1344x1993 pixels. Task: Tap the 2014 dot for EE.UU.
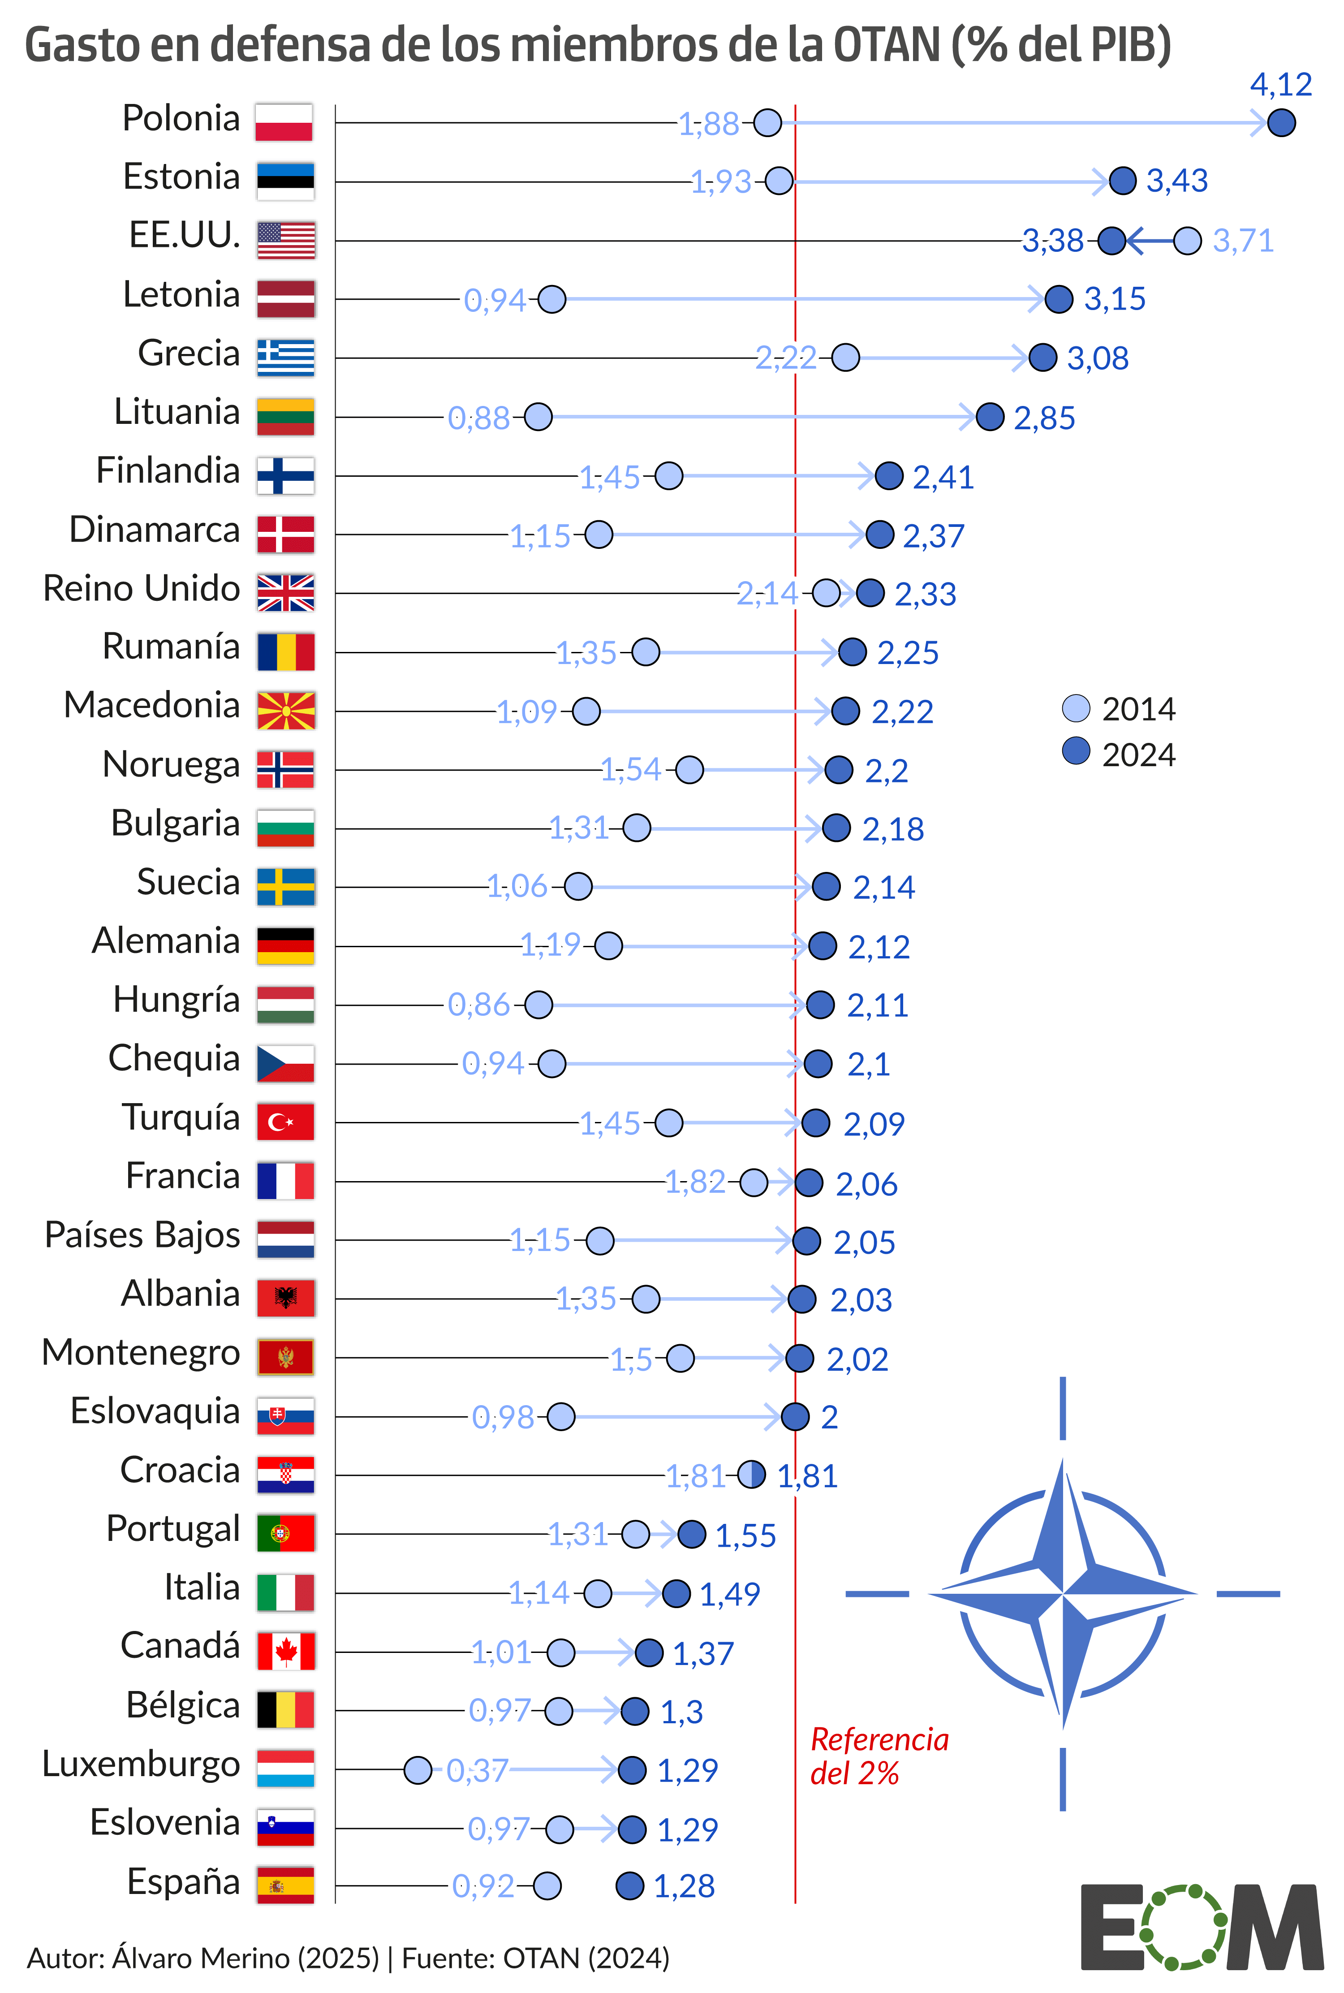(1187, 241)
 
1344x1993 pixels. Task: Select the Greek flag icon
(285, 358)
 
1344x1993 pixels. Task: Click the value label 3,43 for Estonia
(1177, 181)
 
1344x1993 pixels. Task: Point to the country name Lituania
(177, 412)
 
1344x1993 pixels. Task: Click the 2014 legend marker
(1076, 709)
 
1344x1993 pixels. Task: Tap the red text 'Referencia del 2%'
(879, 1756)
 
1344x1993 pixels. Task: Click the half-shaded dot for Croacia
(752, 1475)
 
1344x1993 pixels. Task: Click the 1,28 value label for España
(684, 1886)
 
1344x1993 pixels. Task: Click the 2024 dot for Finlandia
(889, 476)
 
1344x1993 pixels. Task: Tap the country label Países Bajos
(142, 1235)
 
